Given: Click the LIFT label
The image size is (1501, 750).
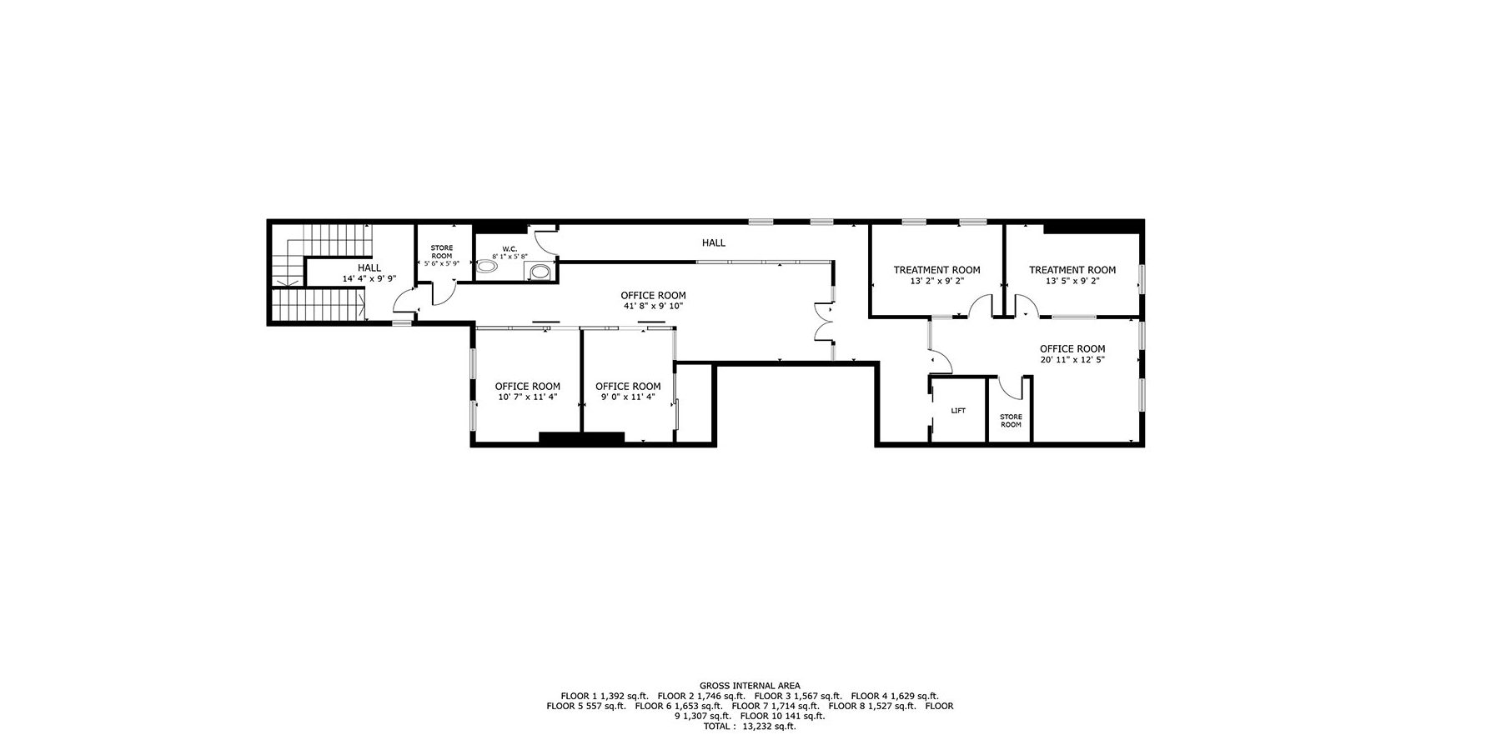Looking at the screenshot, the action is pos(958,411).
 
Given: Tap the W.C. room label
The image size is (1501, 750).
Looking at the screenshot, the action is pos(510,248).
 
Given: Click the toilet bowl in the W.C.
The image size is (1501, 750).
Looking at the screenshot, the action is pos(488,267).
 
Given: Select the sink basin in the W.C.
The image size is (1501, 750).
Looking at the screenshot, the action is pos(540,271).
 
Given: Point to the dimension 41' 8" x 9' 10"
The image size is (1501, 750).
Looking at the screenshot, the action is pos(653,306).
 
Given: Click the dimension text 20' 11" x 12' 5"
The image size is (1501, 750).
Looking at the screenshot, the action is pos(1072,360).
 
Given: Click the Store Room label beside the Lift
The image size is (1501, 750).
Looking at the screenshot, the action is pos(1011,421).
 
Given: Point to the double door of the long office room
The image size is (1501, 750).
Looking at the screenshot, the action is pos(825,323).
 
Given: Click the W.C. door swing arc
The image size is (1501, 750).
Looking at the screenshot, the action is pos(544,241).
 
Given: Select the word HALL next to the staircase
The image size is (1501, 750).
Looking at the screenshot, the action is pos(369,268).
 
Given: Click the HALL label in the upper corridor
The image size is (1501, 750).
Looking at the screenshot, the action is pos(714,243).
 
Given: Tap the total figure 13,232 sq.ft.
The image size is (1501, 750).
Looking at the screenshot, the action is pos(771,727).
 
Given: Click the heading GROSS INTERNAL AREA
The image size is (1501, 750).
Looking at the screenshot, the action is pos(750,687).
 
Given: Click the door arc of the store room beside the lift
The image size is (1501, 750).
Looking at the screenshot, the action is pos(1011,388).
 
